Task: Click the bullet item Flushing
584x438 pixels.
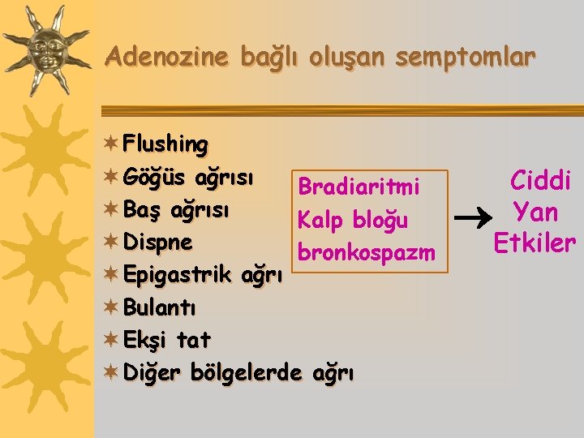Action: [x=165, y=144]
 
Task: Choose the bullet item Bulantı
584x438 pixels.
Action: [x=159, y=307]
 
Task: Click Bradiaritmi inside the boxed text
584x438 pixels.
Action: [x=358, y=187]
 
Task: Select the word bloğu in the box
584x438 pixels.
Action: [x=380, y=220]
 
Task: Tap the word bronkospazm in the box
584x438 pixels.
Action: [x=367, y=252]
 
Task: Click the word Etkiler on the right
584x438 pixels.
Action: [x=535, y=243]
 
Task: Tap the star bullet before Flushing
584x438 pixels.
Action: [x=112, y=144]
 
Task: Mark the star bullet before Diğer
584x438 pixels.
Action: [x=112, y=372]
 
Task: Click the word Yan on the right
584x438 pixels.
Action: [x=535, y=212]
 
